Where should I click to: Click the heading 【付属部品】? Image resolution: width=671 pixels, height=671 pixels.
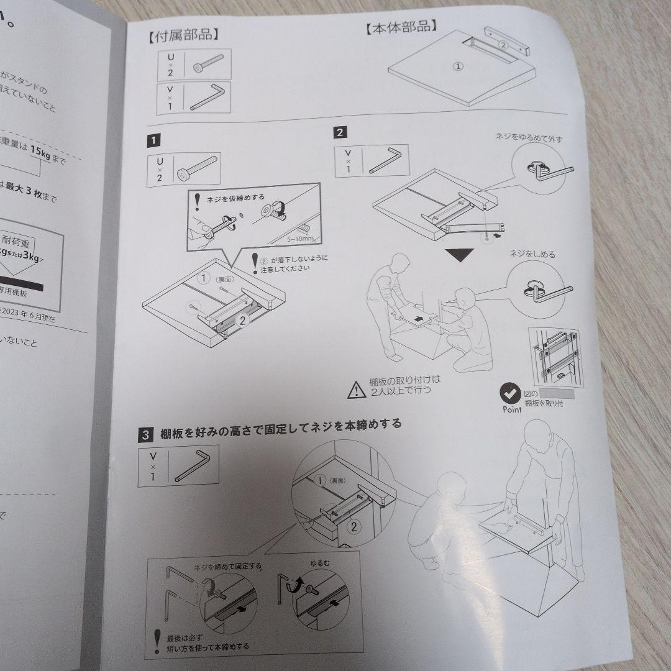pyautogui.click(x=183, y=35)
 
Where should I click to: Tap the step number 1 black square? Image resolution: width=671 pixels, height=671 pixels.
pyautogui.click(x=152, y=141)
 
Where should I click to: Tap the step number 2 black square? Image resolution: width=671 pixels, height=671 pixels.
pyautogui.click(x=340, y=132)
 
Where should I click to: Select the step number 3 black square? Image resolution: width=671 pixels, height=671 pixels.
pyautogui.click(x=145, y=435)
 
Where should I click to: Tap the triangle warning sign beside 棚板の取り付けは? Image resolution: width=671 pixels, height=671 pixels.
pyautogui.click(x=357, y=389)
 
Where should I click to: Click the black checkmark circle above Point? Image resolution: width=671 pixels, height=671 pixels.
pyautogui.click(x=511, y=393)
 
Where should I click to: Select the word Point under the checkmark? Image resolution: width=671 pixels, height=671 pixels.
pyautogui.click(x=512, y=410)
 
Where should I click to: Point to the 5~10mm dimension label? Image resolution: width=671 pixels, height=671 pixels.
pyautogui.click(x=299, y=238)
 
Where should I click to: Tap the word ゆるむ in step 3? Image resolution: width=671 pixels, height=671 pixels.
pyautogui.click(x=320, y=563)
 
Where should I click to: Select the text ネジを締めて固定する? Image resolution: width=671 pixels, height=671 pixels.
pyautogui.click(x=236, y=566)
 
